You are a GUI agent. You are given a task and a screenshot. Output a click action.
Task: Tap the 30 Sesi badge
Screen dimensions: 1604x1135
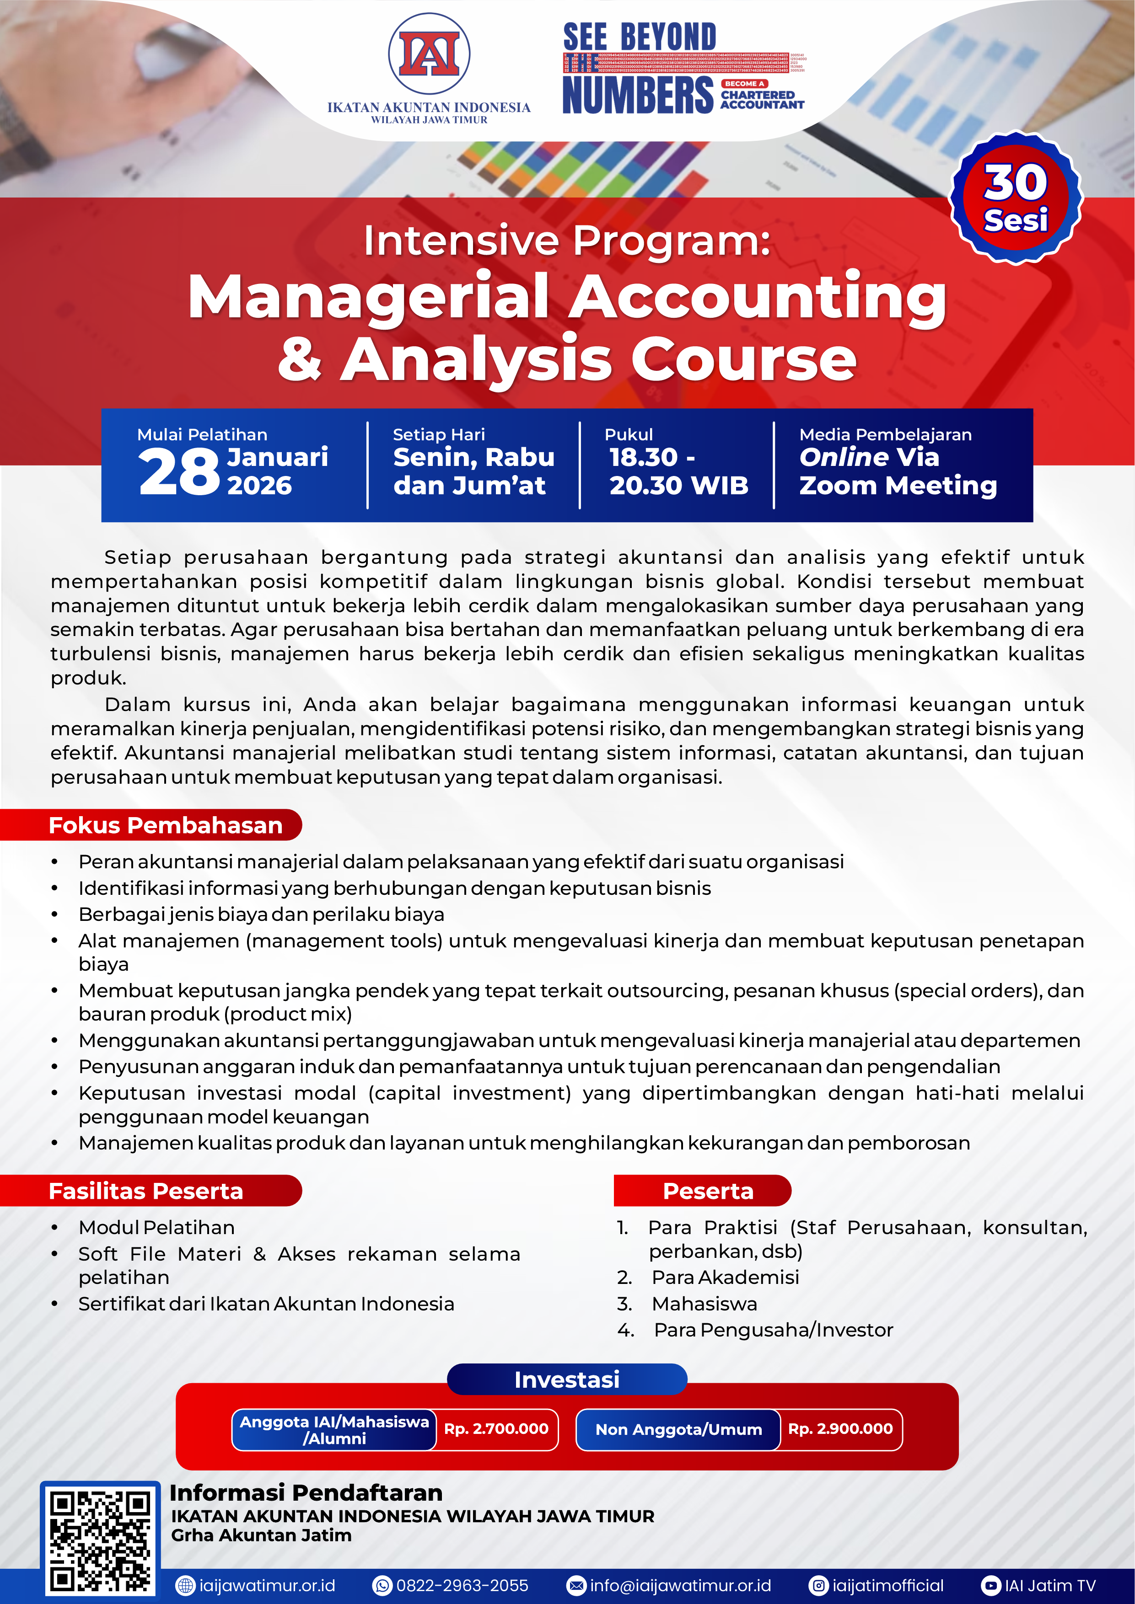tap(1016, 198)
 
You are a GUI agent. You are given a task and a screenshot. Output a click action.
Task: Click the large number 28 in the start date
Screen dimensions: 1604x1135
tap(179, 473)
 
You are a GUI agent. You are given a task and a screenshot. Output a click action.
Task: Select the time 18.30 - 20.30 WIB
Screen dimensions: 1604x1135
tap(678, 471)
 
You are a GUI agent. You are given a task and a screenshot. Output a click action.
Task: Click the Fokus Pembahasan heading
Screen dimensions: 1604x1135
tap(165, 825)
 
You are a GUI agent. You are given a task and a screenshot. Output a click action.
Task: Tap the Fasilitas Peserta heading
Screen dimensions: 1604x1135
tap(145, 1191)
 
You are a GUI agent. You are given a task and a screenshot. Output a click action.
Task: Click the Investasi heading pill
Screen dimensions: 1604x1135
tap(567, 1380)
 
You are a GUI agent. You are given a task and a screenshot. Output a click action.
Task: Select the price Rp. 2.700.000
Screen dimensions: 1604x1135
tap(496, 1429)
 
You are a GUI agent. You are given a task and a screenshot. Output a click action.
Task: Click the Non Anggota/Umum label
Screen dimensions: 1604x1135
tap(678, 1429)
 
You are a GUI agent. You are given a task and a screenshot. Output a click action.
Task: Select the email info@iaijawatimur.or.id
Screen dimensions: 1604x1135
tap(680, 1586)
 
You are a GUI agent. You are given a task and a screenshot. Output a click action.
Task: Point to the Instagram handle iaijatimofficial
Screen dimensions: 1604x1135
tap(888, 1586)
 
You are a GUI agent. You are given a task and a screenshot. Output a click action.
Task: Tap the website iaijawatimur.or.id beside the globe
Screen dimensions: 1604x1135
tap(267, 1586)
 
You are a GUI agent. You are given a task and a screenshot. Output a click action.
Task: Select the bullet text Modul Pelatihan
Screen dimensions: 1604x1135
tap(156, 1227)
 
